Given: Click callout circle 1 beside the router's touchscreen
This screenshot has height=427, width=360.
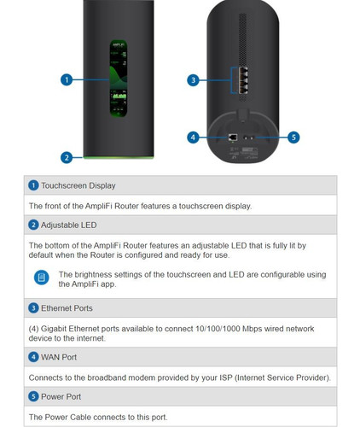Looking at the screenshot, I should [66, 79].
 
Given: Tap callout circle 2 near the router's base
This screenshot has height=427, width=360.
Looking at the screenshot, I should [66, 156].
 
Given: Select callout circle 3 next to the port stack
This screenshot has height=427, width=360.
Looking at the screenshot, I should [193, 80].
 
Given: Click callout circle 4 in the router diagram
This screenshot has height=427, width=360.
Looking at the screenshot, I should [193, 137].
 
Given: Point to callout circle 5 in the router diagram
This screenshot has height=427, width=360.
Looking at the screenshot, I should [293, 137].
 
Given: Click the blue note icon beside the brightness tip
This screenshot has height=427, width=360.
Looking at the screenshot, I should [41, 278].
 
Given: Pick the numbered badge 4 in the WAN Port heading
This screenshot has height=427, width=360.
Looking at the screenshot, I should [34, 357].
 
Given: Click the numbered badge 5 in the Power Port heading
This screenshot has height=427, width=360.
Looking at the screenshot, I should [34, 396].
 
